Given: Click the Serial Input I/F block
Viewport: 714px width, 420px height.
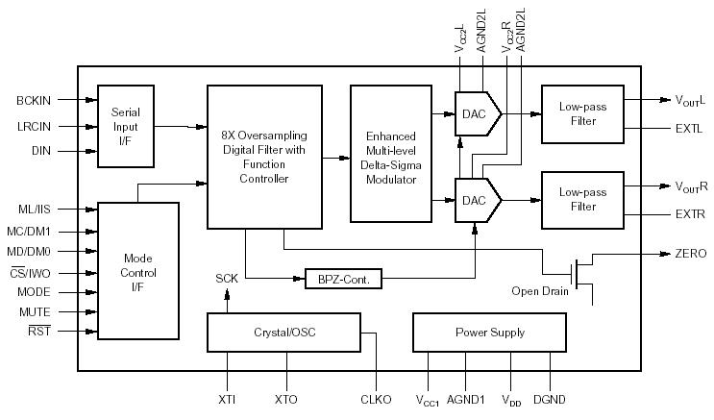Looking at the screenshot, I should tap(126, 126).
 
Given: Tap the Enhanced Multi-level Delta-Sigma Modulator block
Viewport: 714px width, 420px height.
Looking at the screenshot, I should tap(391, 153).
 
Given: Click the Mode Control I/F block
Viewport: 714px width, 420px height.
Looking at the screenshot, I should tap(138, 270).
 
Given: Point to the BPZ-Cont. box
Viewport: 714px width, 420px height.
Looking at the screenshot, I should tap(343, 279).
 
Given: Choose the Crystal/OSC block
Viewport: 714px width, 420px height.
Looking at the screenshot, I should tap(283, 333).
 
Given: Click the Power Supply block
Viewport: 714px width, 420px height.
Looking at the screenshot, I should tap(490, 333).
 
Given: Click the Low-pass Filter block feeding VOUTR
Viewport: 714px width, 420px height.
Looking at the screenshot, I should tap(583, 200).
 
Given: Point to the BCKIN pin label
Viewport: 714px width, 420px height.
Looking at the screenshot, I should tap(34, 100).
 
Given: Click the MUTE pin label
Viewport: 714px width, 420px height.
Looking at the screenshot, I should tap(35, 311).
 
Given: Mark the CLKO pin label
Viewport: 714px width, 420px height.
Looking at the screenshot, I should tap(376, 397).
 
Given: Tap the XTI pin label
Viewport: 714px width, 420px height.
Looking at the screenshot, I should tap(227, 397).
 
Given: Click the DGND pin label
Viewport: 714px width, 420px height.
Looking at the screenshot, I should tap(550, 397).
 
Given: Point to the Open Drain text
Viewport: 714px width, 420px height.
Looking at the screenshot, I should tap(539, 291).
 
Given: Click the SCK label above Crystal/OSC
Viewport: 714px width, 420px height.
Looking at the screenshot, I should tap(227, 278).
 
